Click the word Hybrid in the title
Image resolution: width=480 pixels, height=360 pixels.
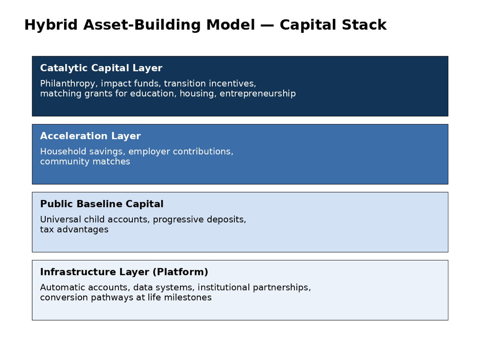51,25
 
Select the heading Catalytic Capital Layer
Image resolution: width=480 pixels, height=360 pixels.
101,68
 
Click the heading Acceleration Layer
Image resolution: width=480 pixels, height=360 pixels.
90,136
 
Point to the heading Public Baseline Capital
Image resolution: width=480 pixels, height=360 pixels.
102,204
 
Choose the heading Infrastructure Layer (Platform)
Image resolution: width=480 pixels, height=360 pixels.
124,272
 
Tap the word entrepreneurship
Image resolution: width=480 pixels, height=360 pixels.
258,94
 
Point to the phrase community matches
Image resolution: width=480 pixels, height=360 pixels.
85,162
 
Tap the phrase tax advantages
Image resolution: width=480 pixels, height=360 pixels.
74,230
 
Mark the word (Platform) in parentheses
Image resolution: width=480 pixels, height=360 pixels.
181,272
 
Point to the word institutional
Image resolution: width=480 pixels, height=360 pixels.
224,288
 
